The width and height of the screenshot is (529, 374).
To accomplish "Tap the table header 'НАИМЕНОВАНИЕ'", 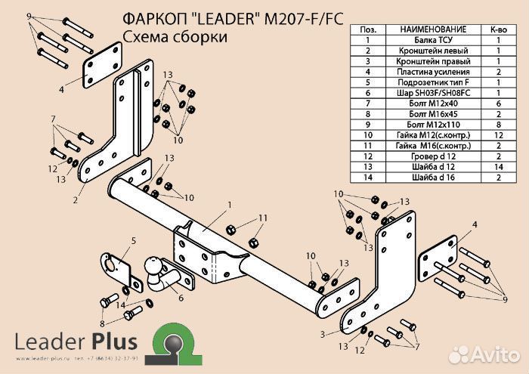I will [x=428, y=29].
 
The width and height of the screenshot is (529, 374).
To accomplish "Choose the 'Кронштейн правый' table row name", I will [x=428, y=60].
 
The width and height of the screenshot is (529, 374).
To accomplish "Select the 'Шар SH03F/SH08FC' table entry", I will [x=428, y=92].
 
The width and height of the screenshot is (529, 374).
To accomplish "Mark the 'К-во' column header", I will [x=500, y=29].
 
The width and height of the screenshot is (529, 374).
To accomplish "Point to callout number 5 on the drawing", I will [x=133, y=240].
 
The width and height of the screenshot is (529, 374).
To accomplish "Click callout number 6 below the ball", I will [x=181, y=298].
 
